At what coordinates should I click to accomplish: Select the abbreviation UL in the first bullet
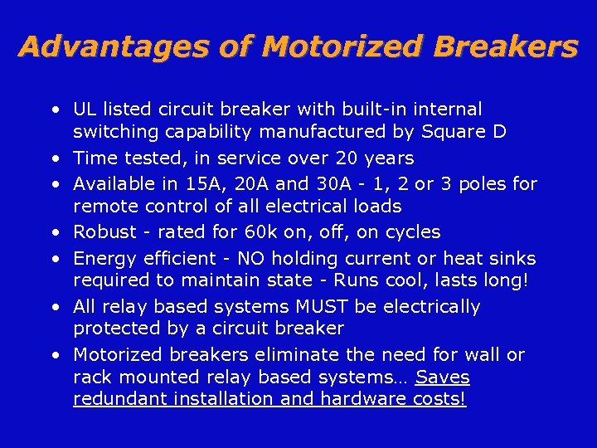(x=84, y=110)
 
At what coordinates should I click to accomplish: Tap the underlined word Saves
(x=442, y=377)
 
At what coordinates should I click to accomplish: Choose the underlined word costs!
(x=439, y=399)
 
